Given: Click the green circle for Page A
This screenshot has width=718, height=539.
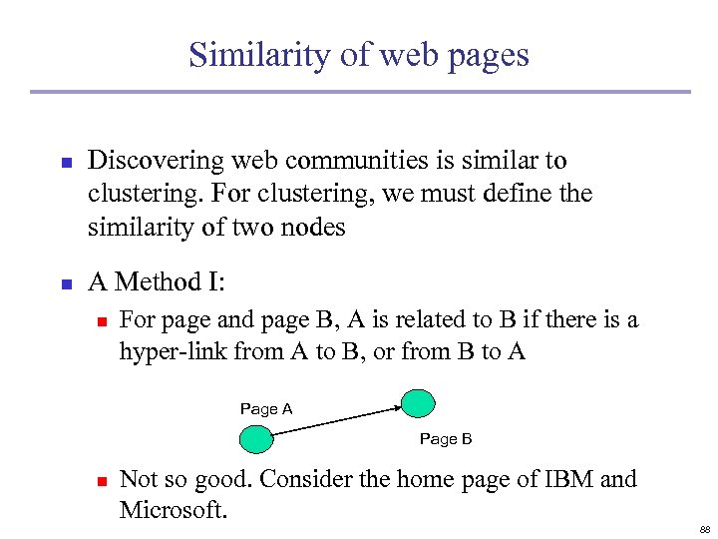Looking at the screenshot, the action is click(256, 439).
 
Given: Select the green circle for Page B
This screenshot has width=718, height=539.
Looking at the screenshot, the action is click(417, 402).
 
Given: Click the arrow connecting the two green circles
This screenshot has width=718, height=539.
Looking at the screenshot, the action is click(336, 420).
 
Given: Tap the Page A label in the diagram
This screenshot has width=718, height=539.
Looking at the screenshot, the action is click(265, 408).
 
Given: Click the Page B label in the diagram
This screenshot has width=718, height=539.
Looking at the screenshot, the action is click(445, 439).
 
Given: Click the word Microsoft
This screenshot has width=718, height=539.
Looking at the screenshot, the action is click(173, 510).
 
